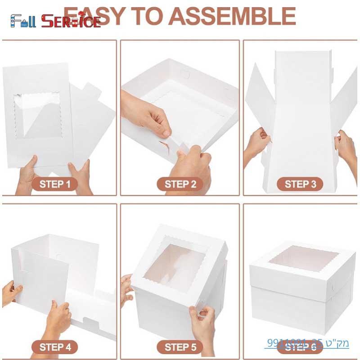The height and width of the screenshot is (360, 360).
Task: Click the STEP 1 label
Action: [55, 184]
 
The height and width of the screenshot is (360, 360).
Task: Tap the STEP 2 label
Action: [180, 184]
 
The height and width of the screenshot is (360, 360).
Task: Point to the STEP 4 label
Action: [55, 347]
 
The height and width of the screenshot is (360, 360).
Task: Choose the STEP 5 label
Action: [180, 347]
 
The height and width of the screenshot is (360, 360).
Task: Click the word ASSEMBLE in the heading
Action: [234, 16]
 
